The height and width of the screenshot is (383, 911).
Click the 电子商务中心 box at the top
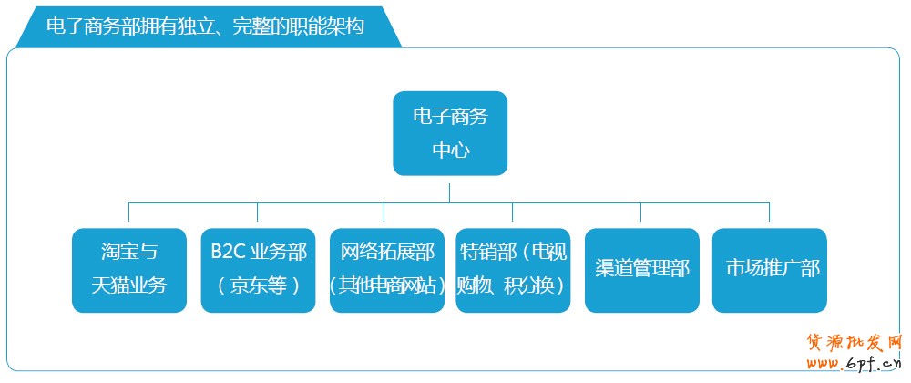(450, 132)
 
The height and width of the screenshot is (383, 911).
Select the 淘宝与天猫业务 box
(129, 270)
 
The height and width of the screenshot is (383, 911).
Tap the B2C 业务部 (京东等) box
(259, 270)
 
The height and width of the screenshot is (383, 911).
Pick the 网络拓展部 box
(387, 270)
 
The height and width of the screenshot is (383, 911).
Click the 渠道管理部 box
(641, 270)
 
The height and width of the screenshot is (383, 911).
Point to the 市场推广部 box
(770, 270)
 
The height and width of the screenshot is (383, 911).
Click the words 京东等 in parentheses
(259, 285)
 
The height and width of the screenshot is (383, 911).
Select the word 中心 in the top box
(450, 149)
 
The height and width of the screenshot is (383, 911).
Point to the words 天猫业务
(129, 285)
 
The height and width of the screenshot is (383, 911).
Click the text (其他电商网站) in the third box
(387, 285)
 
